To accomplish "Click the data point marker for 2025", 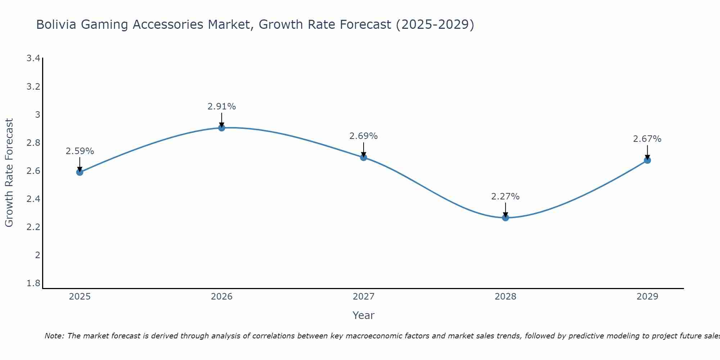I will (80, 172).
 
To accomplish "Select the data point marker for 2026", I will (222, 127).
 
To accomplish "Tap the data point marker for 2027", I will (364, 157).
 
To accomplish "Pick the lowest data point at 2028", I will (505, 217).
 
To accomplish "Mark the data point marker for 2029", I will (647, 160).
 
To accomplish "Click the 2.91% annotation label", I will (222, 107).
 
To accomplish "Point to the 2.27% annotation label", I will (505, 197).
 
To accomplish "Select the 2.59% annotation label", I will (80, 151).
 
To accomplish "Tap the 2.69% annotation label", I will (364, 136).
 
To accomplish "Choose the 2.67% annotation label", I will (647, 139).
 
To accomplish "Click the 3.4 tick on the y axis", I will (33, 58).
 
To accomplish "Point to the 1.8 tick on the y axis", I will (33, 283).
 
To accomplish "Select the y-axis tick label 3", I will (37, 115).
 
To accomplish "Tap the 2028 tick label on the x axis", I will (505, 297).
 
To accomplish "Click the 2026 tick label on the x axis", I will (222, 297).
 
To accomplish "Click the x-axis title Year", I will (364, 315).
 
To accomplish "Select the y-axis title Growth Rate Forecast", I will (9, 173).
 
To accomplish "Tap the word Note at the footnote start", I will (54, 336).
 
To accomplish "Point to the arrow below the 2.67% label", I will (647, 152).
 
